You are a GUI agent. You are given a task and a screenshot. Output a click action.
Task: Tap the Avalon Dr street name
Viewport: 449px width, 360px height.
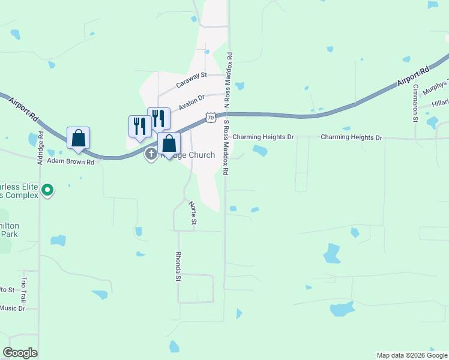pyautogui.click(x=191, y=100)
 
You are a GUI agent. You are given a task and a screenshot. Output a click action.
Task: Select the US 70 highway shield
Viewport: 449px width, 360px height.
pyautogui.click(x=210, y=118)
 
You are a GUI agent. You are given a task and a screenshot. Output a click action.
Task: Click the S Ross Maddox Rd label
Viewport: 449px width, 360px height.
pyautogui.click(x=226, y=147)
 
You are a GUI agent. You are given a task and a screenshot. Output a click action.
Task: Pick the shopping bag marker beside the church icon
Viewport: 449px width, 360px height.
pyautogui.click(x=169, y=145)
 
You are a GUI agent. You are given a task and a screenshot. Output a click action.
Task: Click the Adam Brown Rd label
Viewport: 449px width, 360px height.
pyautogui.click(x=71, y=162)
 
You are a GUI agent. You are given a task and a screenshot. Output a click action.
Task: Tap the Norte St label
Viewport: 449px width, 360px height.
pyautogui.click(x=193, y=212)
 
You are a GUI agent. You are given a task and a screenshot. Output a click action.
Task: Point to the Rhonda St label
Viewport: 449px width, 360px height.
pyautogui.click(x=178, y=266)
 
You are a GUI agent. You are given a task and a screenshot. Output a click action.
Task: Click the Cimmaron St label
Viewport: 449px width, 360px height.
pyautogui.click(x=415, y=102)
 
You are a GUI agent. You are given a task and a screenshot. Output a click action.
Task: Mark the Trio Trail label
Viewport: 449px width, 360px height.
pyautogui.click(x=25, y=289)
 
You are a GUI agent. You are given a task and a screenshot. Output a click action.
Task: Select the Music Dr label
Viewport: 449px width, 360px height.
pyautogui.click(x=12, y=308)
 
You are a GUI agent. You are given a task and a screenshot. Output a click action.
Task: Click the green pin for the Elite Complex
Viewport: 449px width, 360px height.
pyautogui.click(x=46, y=191)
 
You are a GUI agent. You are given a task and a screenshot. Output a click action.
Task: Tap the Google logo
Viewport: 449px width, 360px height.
pyautogui.click(x=20, y=353)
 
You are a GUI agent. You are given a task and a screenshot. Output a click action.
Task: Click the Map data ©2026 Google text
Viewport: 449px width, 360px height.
pyautogui.click(x=412, y=355)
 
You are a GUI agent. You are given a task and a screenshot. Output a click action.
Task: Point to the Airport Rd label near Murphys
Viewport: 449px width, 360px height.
pyautogui.click(x=414, y=76)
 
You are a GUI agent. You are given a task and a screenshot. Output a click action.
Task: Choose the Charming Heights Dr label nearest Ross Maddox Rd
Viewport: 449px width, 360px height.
pyautogui.click(x=263, y=137)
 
